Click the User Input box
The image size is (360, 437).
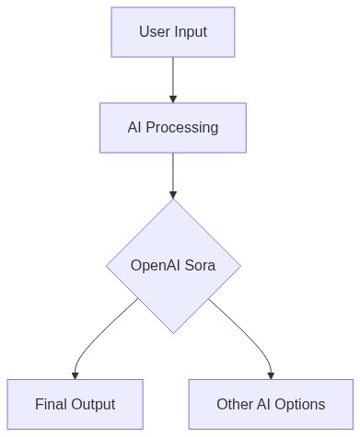pos(173,32)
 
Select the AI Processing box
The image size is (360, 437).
pos(173,127)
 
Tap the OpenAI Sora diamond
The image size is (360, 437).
pos(173,266)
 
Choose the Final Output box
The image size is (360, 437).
pos(75,404)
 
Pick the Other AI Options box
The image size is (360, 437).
pos(271,404)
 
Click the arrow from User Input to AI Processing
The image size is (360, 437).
pos(173,78)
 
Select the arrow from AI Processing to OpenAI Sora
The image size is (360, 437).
pos(173,175)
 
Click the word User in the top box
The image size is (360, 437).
pos(155,32)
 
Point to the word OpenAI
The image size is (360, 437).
pos(158,266)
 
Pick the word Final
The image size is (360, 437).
pos(52,404)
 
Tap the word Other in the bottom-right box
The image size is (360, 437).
pos(235,404)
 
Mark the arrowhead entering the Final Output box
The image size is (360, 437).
pos(75,374)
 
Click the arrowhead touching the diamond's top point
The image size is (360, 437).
pos(173,194)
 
